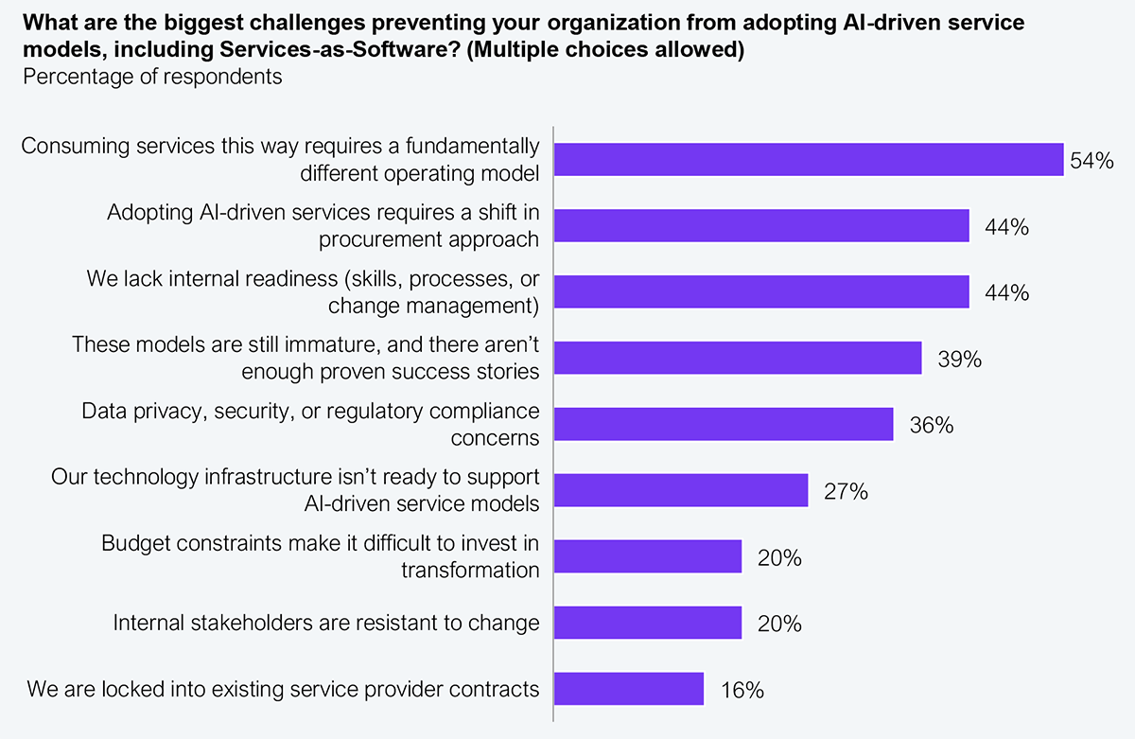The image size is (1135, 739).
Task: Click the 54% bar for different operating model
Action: pos(809,160)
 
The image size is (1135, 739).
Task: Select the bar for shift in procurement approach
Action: pos(761,226)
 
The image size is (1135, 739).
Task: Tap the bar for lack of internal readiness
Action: pos(761,292)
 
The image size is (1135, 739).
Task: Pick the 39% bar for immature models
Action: pos(738,359)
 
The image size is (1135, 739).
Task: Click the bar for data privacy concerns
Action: pos(724,425)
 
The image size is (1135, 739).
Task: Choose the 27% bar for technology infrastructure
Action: pos(681,491)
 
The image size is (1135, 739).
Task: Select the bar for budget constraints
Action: pos(648,557)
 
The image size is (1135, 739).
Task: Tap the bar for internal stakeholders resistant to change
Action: pos(648,624)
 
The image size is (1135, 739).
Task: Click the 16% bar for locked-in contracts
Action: pos(629,689)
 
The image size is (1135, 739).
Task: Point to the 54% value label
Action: pos(1091,161)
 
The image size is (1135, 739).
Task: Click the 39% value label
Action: pos(959,360)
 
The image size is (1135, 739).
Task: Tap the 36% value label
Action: pos(931,426)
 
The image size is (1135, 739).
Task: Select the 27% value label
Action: pos(846,492)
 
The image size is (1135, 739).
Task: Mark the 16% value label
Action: pos(742,690)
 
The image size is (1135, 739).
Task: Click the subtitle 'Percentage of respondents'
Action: pos(152,77)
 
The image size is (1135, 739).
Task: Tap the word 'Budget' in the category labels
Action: pos(133,544)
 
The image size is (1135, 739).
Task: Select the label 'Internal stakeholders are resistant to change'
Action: pos(326,624)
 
